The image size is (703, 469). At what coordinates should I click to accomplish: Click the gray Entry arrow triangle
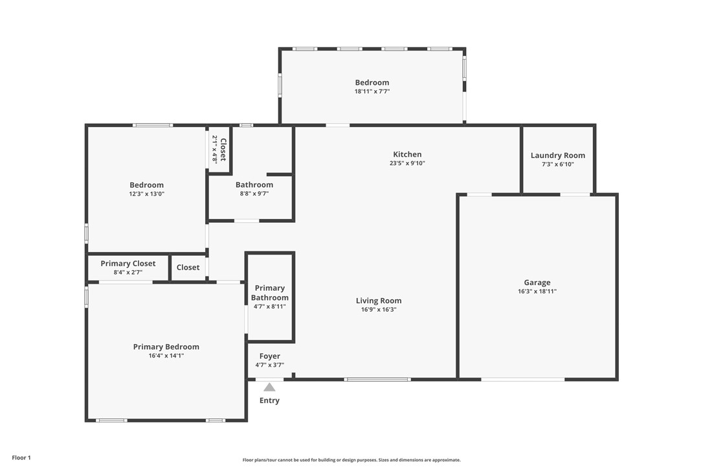[269, 387]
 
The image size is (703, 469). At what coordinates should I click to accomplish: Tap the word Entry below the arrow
[269, 400]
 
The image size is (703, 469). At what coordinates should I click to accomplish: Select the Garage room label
[537, 282]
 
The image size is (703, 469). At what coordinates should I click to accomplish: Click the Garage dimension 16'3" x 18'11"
[537, 292]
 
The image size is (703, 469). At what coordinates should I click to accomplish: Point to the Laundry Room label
[557, 155]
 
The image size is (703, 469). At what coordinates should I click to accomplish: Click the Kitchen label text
[407, 154]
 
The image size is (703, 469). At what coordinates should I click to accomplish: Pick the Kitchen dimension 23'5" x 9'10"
[407, 163]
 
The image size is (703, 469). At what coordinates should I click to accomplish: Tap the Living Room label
[378, 301]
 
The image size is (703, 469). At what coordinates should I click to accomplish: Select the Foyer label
[269, 356]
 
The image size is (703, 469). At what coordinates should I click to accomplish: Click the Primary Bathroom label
[269, 293]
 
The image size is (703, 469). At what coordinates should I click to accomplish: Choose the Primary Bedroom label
[166, 347]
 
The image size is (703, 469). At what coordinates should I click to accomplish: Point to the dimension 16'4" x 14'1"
[166, 356]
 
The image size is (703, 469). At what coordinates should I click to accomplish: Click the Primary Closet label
[128, 264]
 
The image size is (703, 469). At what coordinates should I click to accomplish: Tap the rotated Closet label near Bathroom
[223, 150]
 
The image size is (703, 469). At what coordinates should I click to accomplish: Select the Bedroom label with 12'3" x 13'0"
[146, 185]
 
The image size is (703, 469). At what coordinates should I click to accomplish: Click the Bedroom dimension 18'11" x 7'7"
[372, 91]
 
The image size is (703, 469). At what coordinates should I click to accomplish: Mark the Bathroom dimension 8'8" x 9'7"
[254, 194]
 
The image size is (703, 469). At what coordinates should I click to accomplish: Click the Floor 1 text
[21, 458]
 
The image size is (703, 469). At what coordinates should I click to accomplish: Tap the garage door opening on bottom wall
[522, 379]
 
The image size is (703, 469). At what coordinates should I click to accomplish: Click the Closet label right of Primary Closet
[188, 268]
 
